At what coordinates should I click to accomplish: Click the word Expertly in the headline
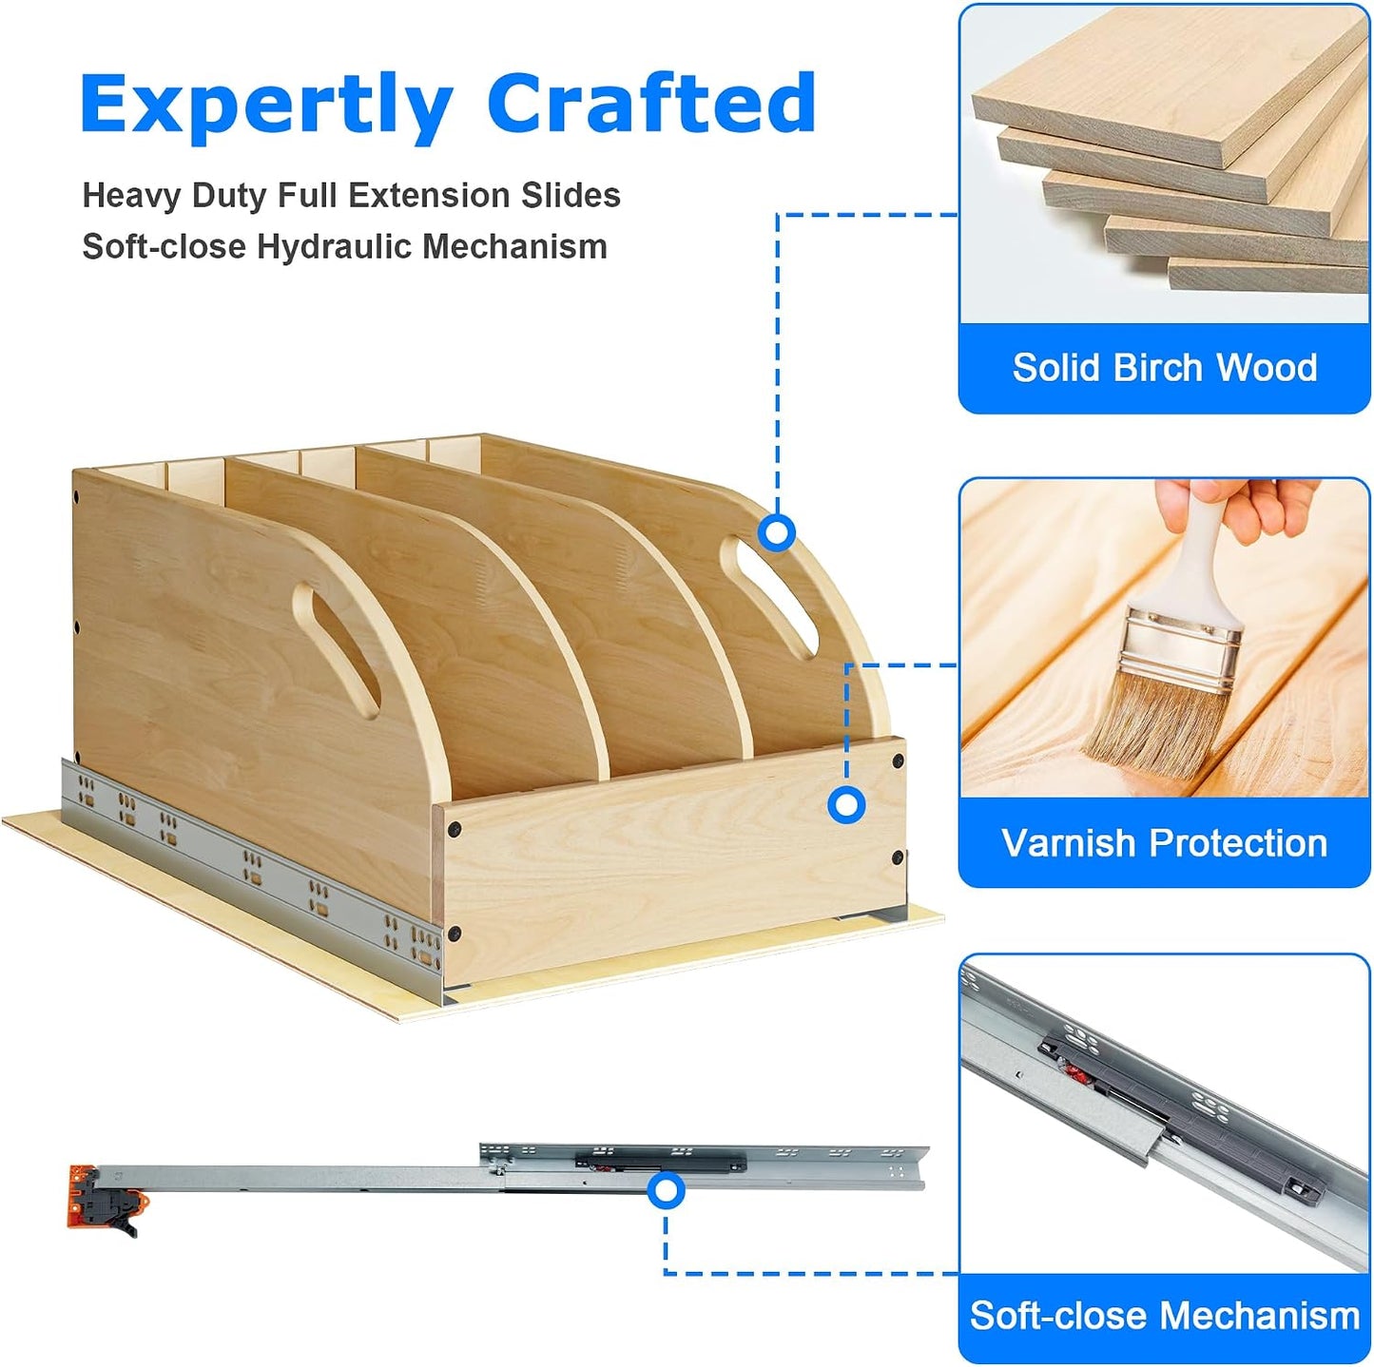point(266,107)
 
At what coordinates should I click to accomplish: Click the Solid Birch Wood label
point(1165,368)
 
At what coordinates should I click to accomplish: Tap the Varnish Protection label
point(1164,843)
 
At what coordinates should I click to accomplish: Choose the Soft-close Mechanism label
point(1165,1315)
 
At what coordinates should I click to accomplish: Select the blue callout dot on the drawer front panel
point(846,805)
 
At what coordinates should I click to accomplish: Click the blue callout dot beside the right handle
point(777,532)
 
